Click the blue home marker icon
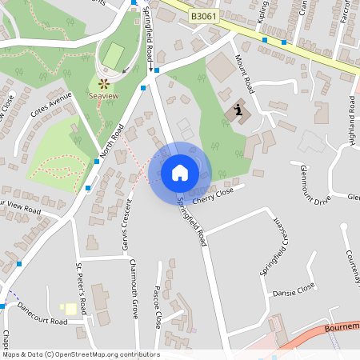[x=180, y=173]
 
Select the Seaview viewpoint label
[x=105, y=95]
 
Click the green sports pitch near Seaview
[x=113, y=55]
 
